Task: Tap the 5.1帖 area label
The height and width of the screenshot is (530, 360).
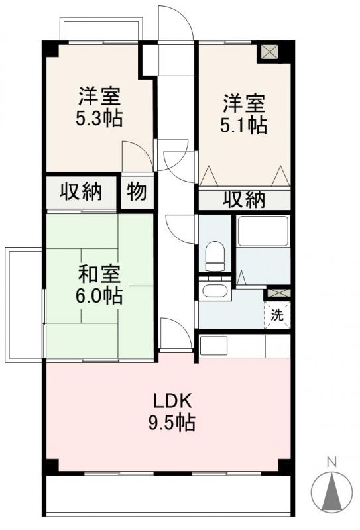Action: coord(244,125)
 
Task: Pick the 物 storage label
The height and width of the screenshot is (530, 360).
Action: coord(137,192)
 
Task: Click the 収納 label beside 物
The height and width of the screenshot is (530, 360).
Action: coord(82,192)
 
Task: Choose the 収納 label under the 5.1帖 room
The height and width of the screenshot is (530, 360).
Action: coord(244,199)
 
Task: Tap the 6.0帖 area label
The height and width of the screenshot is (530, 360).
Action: coord(99,295)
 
